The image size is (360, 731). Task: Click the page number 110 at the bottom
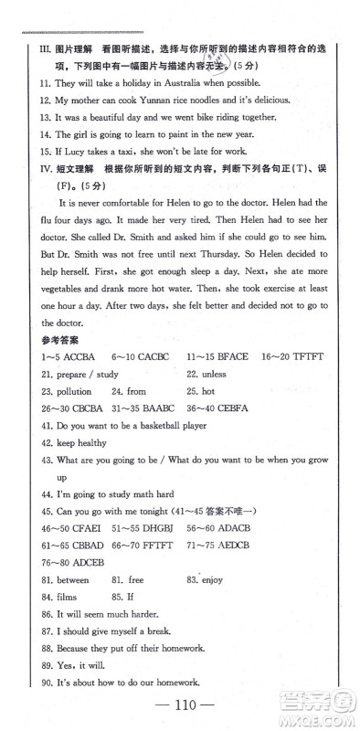click(x=180, y=706)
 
